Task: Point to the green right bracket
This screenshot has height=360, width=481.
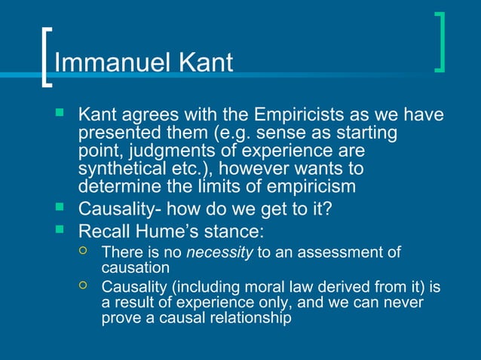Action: (x=440, y=42)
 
